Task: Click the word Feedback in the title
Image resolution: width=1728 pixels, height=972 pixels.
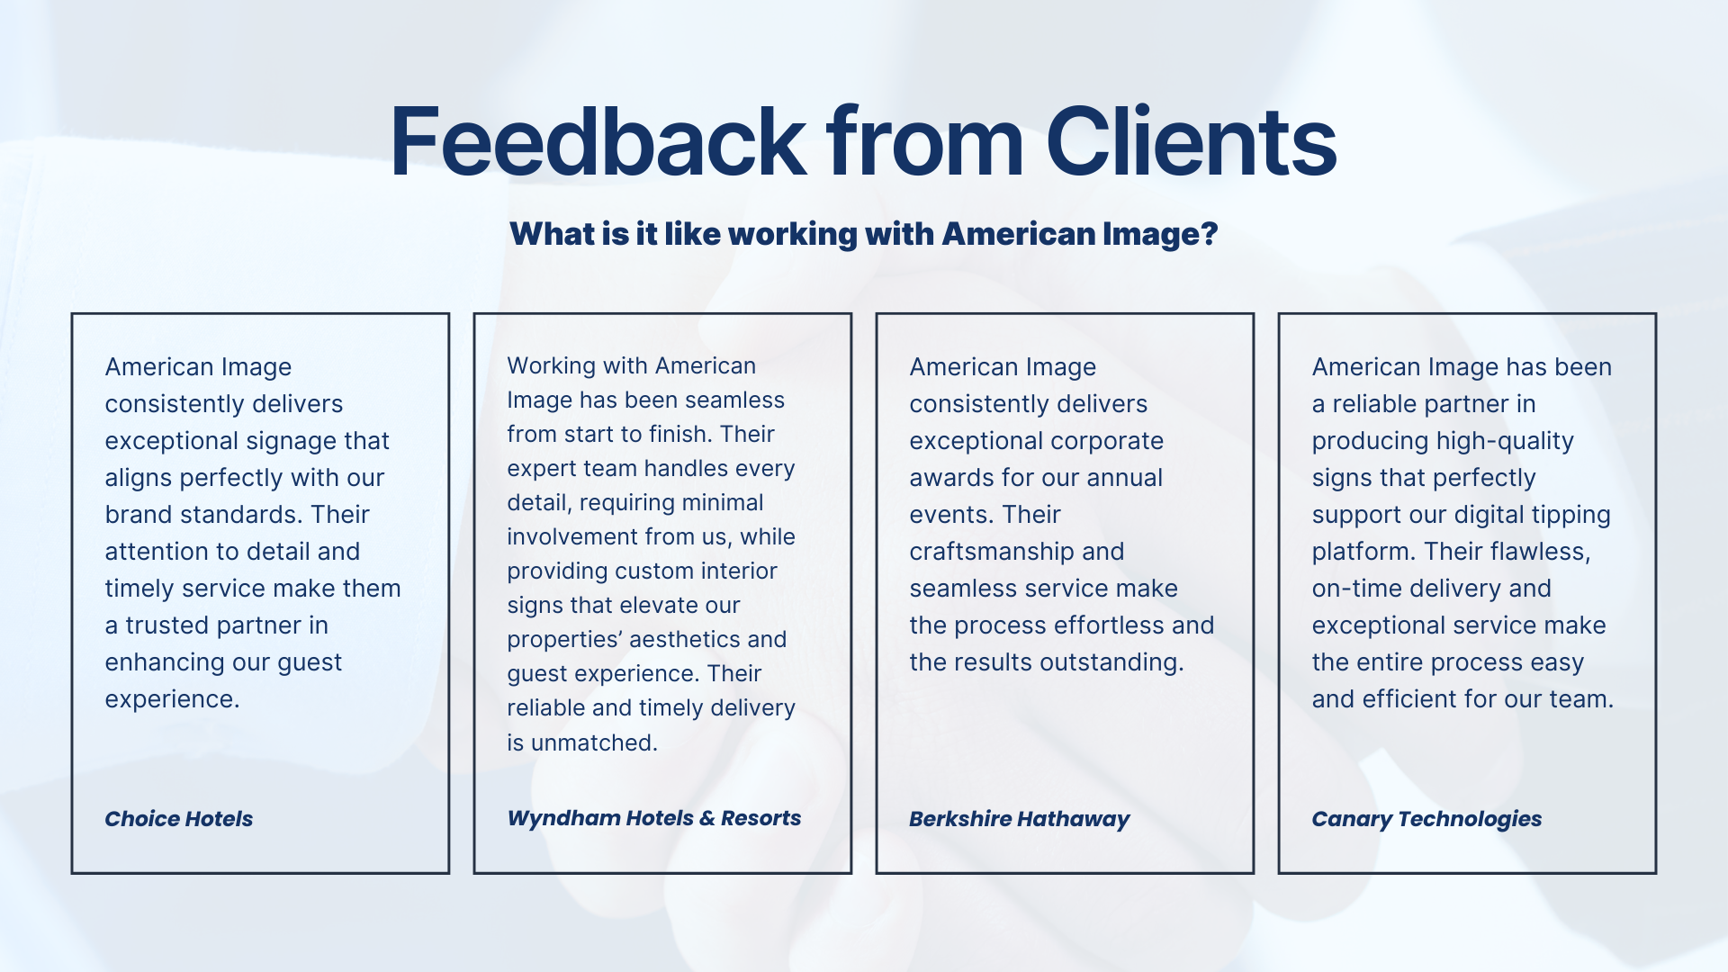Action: [x=598, y=142]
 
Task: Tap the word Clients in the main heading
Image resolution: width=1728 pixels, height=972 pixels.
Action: [x=1191, y=142]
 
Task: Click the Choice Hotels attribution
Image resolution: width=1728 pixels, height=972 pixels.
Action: [x=178, y=819]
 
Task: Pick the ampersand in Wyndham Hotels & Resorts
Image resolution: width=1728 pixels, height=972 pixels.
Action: [x=706, y=818]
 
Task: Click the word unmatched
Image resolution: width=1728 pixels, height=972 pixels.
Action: [x=594, y=742]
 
